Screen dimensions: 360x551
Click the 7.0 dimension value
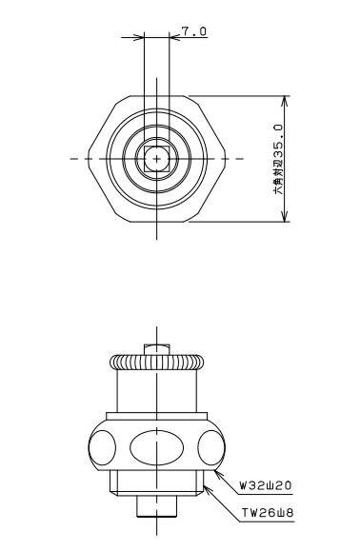pos(194,31)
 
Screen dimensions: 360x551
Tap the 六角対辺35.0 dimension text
pos(278,159)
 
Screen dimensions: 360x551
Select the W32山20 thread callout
pos(266,485)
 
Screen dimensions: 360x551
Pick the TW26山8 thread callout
pos(268,513)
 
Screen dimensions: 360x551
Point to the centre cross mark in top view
pos(157,159)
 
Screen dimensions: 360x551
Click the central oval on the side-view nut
pos(157,447)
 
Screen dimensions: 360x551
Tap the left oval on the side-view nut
pos(102,447)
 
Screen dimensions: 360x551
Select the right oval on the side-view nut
pos(211,447)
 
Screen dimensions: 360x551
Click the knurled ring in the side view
pos(157,362)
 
